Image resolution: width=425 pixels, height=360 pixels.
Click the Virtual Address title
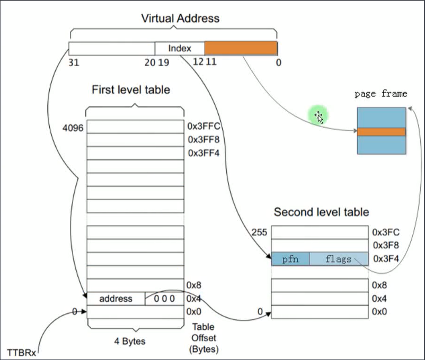tap(180, 19)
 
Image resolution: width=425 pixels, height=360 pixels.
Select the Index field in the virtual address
tap(180, 48)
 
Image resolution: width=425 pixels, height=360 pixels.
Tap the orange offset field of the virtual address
tap(241, 48)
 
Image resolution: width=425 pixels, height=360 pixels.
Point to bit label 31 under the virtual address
tap(74, 62)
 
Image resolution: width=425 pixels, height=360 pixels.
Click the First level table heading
tap(131, 89)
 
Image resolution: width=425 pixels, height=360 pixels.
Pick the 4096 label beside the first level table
tap(73, 128)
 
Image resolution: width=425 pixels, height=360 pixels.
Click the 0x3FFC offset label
tap(203, 127)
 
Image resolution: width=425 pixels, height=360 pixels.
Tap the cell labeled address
tap(116, 299)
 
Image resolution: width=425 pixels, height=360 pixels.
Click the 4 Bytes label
tap(130, 341)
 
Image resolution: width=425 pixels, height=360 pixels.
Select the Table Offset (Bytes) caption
tap(203, 338)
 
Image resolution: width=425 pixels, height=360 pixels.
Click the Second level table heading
tap(321, 212)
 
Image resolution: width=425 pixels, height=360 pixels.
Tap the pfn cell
tap(290, 259)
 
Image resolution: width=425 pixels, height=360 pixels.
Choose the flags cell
tap(339, 259)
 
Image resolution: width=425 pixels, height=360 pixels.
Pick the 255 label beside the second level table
tap(260, 232)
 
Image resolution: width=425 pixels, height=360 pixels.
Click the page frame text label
tap(380, 94)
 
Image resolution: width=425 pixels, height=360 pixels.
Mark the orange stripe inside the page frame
tap(381, 132)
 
